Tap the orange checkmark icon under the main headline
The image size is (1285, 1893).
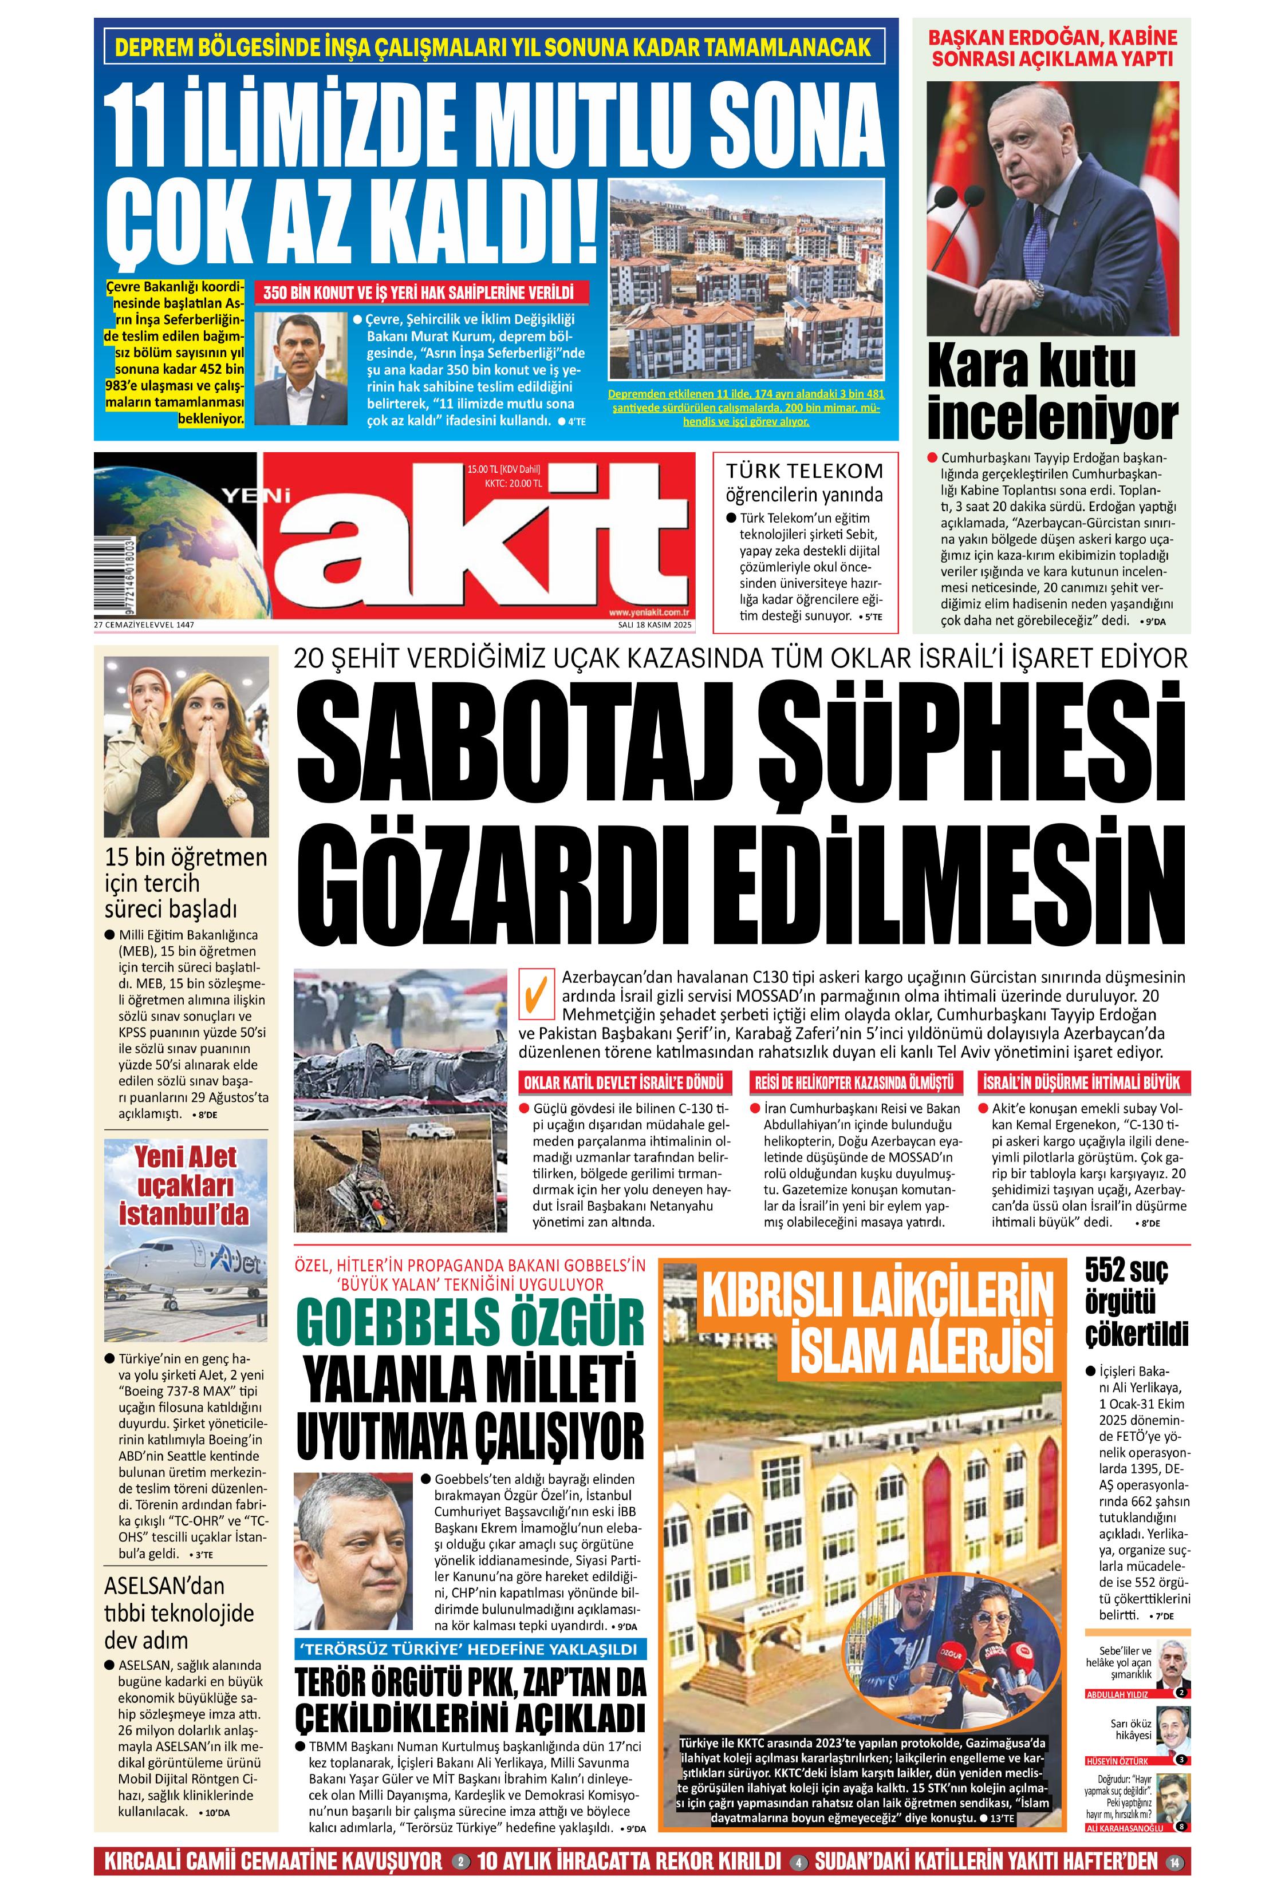tap(534, 994)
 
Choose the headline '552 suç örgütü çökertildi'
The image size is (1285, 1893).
tap(1136, 1303)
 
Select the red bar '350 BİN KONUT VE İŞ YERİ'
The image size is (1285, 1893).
tap(419, 293)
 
